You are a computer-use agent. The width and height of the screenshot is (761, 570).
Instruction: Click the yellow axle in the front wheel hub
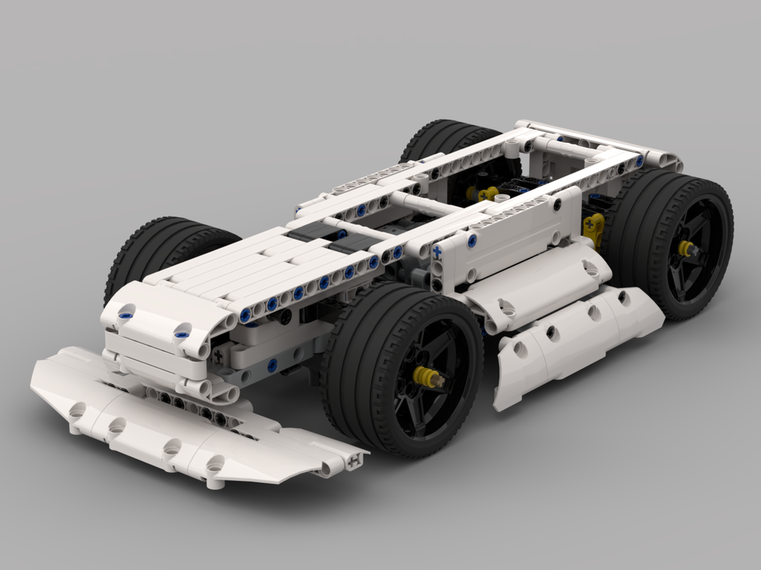pos(426,375)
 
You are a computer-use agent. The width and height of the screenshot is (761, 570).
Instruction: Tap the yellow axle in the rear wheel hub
pos(687,248)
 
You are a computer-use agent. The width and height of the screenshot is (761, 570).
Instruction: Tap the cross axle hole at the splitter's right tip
pos(354,460)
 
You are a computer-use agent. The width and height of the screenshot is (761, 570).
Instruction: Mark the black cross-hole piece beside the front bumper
pos(218,355)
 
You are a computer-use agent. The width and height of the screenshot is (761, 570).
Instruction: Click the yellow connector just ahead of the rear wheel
pos(593,226)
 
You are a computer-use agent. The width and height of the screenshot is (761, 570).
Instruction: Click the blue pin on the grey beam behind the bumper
pos(272,366)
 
